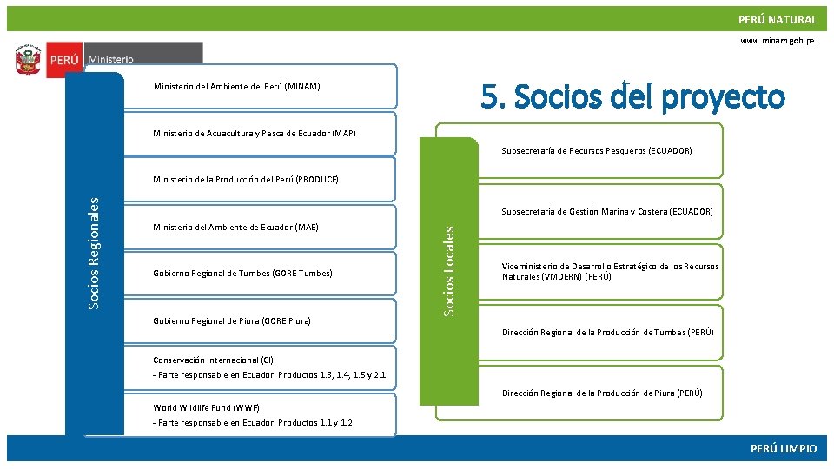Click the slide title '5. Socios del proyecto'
point(632,96)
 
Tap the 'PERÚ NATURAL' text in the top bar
point(777,19)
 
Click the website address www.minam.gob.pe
point(777,41)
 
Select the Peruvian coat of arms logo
point(29,61)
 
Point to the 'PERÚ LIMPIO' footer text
point(784,448)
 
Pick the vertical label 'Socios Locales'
point(448,271)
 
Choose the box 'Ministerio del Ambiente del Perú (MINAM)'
point(236,86)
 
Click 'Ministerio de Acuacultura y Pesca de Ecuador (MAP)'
point(254,133)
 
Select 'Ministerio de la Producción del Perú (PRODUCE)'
point(245,180)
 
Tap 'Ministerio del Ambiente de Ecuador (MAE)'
point(235,228)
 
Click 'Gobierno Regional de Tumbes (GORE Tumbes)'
point(242,274)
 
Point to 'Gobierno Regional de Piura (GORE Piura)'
point(232,321)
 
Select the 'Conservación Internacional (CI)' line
point(213,360)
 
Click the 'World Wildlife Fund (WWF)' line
point(206,407)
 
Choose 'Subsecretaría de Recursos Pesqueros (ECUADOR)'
point(596,150)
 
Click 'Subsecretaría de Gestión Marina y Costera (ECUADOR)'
point(606,211)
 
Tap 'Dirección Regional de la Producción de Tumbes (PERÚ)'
point(607,333)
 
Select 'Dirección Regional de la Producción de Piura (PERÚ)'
point(602,393)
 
